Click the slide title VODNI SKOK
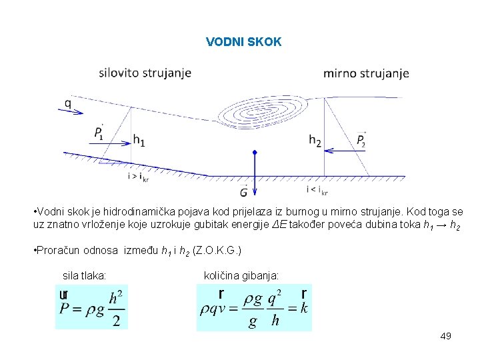(x=244, y=42)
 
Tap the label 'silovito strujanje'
(x=145, y=73)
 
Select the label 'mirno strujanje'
(x=366, y=73)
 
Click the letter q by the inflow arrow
(x=68, y=103)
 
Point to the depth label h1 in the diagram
(x=139, y=140)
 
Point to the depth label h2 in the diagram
(x=315, y=140)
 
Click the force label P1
(x=99, y=133)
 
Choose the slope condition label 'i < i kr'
(x=317, y=191)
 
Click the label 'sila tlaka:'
(x=84, y=274)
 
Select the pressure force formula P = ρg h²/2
(x=91, y=307)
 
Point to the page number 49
(x=446, y=336)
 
